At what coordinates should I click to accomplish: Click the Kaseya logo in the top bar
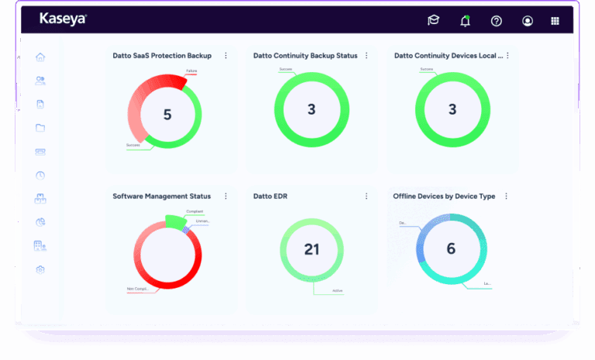tap(63, 19)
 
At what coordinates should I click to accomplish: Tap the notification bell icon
tap(465, 21)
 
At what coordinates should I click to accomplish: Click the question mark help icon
tap(497, 21)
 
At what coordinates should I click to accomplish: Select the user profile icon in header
tap(528, 21)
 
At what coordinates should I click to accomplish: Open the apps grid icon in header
tap(555, 21)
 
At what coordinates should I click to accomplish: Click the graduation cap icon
tap(433, 21)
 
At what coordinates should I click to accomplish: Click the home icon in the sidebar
tap(40, 57)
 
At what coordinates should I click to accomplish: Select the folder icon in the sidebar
tap(40, 128)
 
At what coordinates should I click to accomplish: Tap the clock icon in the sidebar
tap(40, 175)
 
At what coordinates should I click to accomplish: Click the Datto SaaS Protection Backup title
tap(162, 56)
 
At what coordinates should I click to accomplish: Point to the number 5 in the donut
tap(167, 115)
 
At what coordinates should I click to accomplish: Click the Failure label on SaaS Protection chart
tap(191, 72)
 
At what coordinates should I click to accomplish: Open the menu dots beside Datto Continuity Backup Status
tap(366, 56)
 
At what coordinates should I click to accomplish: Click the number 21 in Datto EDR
tap(311, 249)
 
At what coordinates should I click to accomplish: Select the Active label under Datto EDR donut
tap(337, 291)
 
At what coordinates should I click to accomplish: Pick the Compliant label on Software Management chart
tap(195, 211)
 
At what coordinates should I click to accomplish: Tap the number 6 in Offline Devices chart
tap(452, 249)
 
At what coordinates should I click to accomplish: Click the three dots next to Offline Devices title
tap(506, 197)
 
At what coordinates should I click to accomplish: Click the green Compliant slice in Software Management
tap(176, 222)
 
